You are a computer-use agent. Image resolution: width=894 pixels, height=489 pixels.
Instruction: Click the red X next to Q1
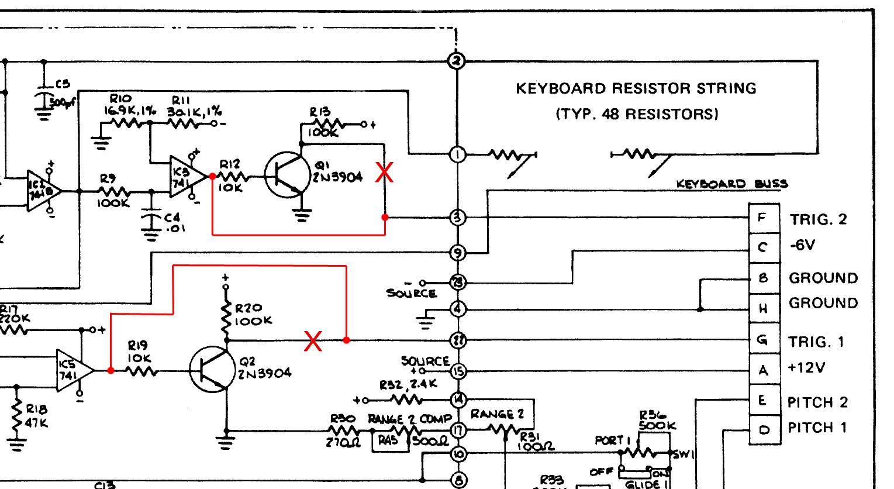pos(384,172)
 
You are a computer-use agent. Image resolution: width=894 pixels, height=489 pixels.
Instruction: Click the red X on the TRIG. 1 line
pos(313,341)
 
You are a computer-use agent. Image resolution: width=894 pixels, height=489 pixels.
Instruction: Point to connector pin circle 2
pos(457,61)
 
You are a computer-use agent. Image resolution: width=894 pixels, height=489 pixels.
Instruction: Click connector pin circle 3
pos(457,218)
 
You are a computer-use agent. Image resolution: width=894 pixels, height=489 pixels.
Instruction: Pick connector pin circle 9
pos(457,253)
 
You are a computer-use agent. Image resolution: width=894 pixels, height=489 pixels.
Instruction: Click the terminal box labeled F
pos(763,218)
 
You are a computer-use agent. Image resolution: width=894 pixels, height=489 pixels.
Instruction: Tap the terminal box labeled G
pos(763,340)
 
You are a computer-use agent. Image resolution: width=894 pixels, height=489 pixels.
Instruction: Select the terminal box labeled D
pos(764,430)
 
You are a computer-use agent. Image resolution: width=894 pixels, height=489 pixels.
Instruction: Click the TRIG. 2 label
pos(818,219)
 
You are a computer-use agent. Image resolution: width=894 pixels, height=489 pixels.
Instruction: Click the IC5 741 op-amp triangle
pos(73,370)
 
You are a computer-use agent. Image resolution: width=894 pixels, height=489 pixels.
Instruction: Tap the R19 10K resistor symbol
pos(140,370)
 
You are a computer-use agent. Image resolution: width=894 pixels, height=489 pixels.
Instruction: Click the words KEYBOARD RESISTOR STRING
pos(636,88)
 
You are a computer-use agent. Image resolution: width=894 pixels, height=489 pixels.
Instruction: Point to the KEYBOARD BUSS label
pos(731,184)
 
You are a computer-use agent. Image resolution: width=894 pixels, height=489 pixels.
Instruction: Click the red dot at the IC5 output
pos(111,370)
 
